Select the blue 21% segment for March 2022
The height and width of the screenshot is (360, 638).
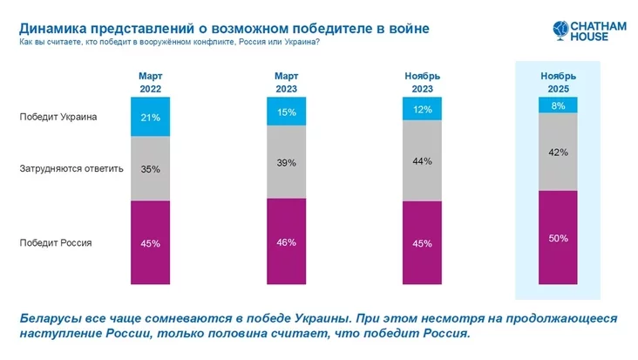(150, 117)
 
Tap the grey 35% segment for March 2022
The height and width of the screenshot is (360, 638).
(150, 168)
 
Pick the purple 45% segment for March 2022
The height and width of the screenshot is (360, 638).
(150, 242)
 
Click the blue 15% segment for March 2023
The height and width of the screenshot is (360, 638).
(286, 112)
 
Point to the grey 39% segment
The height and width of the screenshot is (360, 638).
(286, 162)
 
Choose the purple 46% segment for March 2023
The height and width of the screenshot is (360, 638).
(286, 241)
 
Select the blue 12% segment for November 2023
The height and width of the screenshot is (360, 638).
(421, 109)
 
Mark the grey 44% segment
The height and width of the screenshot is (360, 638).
(421, 161)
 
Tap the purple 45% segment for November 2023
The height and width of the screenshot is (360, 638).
(421, 242)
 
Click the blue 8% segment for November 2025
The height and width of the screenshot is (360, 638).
(559, 105)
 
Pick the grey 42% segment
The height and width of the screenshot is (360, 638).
(559, 152)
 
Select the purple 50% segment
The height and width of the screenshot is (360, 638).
(559, 237)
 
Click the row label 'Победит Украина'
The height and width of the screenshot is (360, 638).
(58, 117)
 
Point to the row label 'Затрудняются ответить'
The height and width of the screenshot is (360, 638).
(71, 168)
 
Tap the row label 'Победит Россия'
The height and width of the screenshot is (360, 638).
(55, 243)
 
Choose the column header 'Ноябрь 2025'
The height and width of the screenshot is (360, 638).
(559, 82)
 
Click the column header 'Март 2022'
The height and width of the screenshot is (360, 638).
(150, 82)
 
